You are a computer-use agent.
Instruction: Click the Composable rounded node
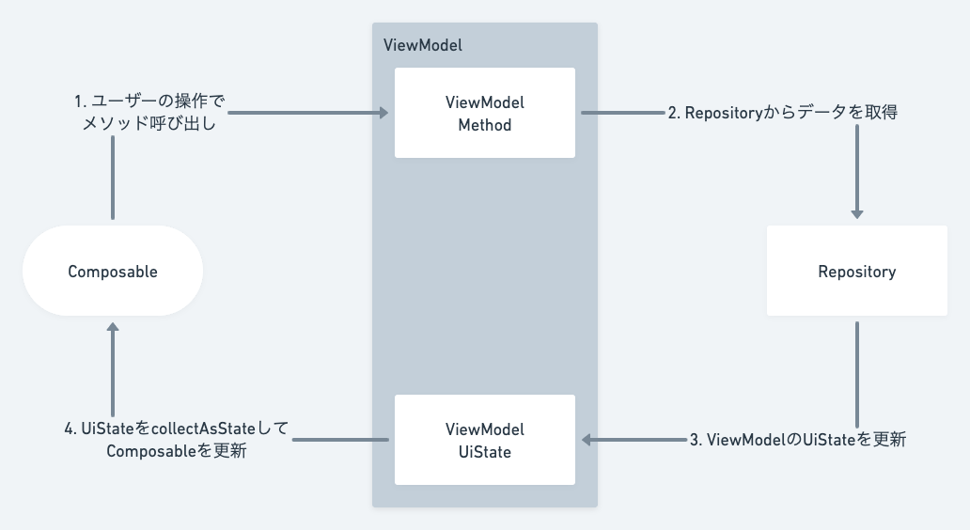coord(113,272)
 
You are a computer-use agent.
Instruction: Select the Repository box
coord(856,272)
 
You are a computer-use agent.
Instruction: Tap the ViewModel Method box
coord(484,113)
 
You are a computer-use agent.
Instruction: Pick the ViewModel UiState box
coord(484,440)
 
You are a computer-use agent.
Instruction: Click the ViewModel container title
coord(423,45)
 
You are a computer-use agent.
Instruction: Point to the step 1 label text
coord(150,112)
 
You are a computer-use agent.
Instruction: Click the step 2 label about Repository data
coord(782,113)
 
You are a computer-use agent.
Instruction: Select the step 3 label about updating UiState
coord(797,440)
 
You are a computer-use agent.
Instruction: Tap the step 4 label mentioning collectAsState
coord(177,440)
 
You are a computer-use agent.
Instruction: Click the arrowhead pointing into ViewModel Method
coord(383,113)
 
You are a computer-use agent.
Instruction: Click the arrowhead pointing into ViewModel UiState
coord(587,440)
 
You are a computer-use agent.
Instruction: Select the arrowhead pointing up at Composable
coord(113,328)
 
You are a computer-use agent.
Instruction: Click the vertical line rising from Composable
coord(113,179)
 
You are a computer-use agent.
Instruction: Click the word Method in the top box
coord(484,124)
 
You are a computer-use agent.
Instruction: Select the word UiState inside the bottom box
coord(484,451)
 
